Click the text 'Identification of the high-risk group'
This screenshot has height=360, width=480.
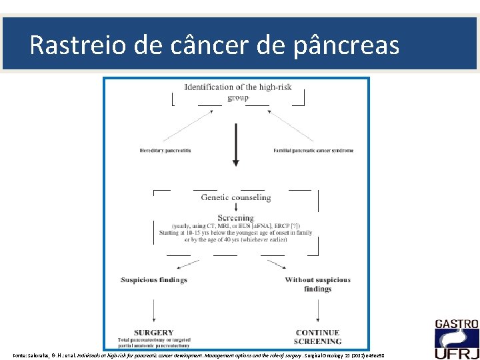pos(237,92)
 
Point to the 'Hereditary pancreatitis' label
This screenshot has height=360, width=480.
pos(165,151)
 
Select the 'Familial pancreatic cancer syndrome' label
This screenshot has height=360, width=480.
pos(313,151)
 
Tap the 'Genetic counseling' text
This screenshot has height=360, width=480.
pos(236,197)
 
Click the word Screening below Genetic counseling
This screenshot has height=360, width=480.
pos(236,217)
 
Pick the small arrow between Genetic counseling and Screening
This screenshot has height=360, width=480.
pos(236,207)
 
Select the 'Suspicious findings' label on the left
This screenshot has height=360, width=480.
pos(154,280)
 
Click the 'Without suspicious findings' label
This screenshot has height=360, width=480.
pos(317,284)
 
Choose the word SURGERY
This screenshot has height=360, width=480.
pos(154,332)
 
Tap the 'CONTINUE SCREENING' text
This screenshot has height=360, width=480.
pos(318,337)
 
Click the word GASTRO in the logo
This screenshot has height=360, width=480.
pos(456,325)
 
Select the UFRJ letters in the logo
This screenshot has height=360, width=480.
pos(456,347)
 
